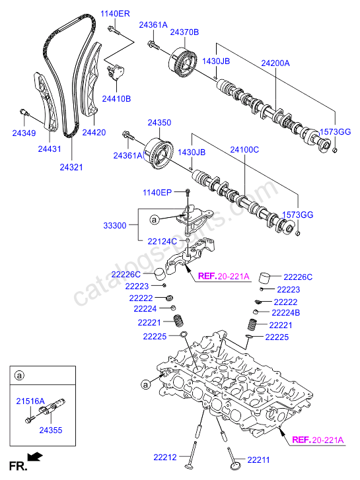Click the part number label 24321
(x=71, y=167)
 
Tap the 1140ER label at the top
(x=114, y=13)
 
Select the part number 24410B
(x=116, y=98)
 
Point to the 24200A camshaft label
(x=275, y=63)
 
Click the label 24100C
(x=244, y=150)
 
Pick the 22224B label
(x=286, y=312)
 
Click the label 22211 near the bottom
(x=260, y=459)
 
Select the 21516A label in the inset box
(x=30, y=401)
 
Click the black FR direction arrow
(x=34, y=456)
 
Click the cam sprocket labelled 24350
(x=157, y=151)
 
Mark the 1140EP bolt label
(x=157, y=192)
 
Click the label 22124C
(x=162, y=242)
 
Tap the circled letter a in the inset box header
(x=19, y=376)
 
